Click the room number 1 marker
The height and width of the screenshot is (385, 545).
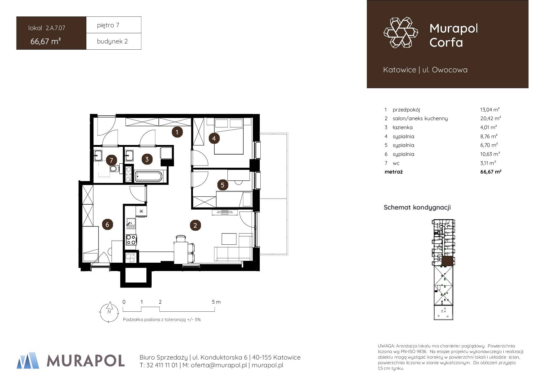pyautogui.click(x=177, y=132)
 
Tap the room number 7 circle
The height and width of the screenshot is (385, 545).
pyautogui.click(x=111, y=161)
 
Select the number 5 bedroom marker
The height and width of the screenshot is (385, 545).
pyautogui.click(x=222, y=185)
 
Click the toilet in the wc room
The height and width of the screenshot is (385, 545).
pyautogui.click(x=114, y=169)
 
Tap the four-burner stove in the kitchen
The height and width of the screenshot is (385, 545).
pyautogui.click(x=131, y=240)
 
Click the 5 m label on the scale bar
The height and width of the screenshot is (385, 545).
pyautogui.click(x=216, y=302)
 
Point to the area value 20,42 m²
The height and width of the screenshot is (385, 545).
pyautogui.click(x=490, y=118)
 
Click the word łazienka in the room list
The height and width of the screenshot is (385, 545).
pyautogui.click(x=403, y=127)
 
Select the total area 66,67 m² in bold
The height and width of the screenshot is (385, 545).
pyautogui.click(x=491, y=171)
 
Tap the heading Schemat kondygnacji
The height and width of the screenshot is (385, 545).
pyautogui.click(x=417, y=207)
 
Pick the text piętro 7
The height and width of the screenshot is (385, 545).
pyautogui.click(x=108, y=25)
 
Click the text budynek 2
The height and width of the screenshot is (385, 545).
pyautogui.click(x=112, y=41)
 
